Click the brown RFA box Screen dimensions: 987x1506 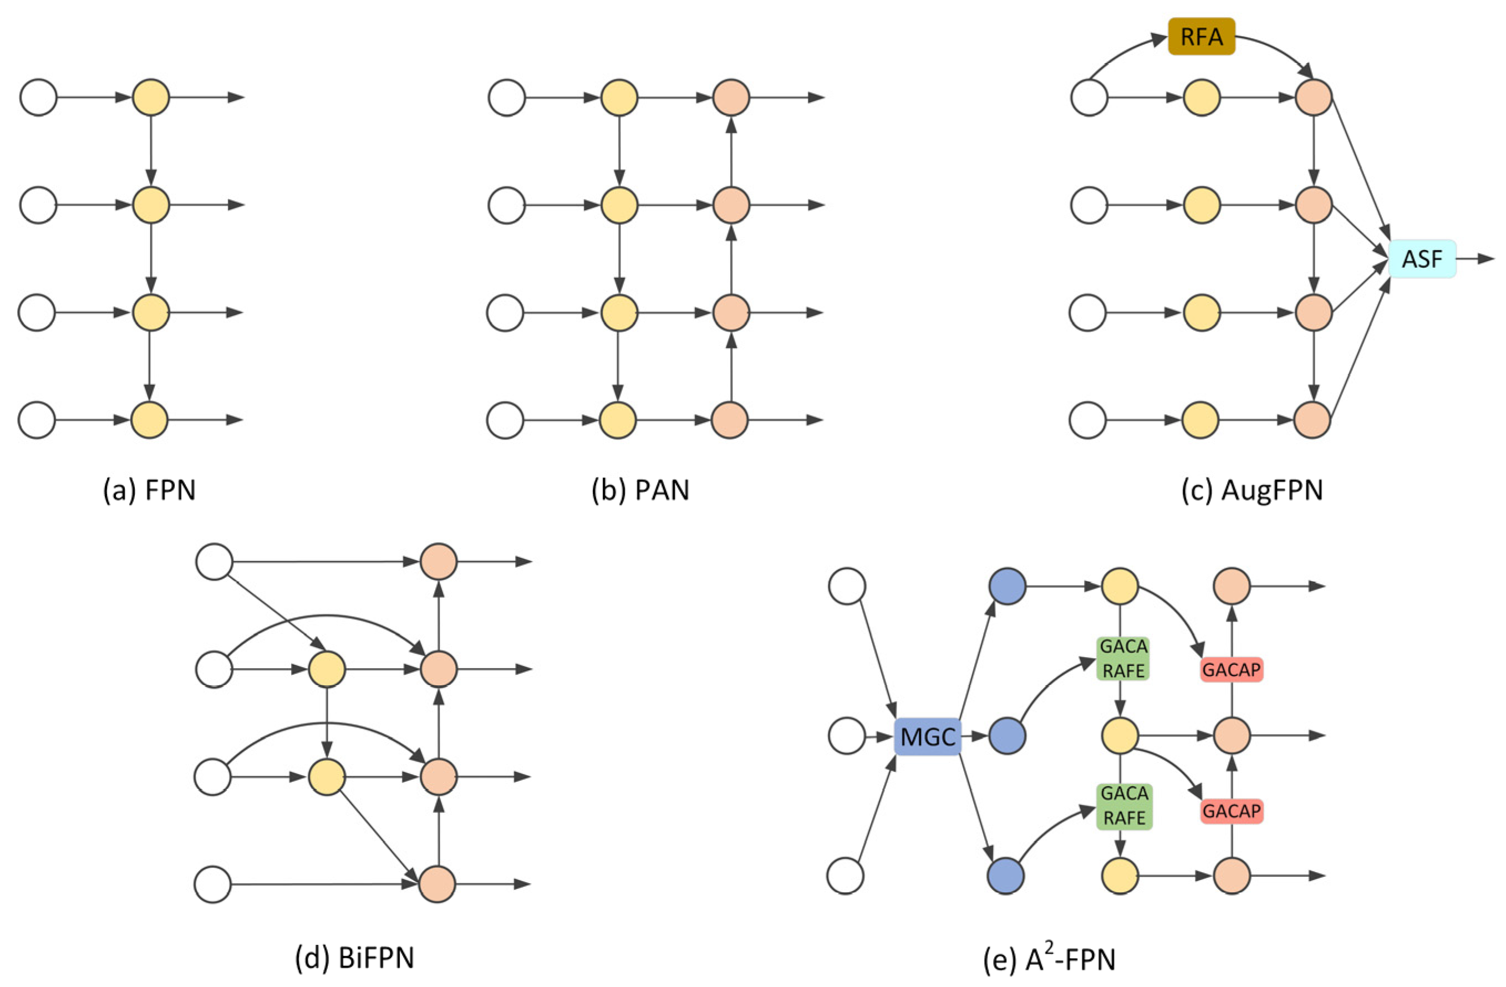[x=1201, y=37]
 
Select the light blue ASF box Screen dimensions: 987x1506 [x=1422, y=259]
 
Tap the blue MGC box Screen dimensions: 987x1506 [x=927, y=736]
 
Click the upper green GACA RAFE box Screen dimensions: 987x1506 [x=1123, y=659]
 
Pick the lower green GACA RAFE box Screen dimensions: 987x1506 [x=1124, y=806]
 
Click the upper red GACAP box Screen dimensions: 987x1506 [x=1232, y=669]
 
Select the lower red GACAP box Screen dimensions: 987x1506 [x=1232, y=811]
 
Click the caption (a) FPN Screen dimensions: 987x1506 [x=149, y=490]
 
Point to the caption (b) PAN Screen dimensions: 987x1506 [x=640, y=490]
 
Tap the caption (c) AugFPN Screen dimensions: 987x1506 [x=1252, y=490]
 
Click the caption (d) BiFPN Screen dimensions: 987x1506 [x=354, y=958]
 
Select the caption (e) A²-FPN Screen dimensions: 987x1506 [x=1049, y=958]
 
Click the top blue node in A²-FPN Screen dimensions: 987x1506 [x=1007, y=586]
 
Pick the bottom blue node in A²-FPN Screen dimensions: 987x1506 [x=1005, y=876]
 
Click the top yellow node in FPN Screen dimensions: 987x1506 [x=151, y=98]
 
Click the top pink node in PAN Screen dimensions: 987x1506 [x=731, y=98]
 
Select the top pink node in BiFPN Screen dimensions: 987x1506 [x=439, y=561]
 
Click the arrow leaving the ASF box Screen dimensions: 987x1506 [x=1476, y=259]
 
